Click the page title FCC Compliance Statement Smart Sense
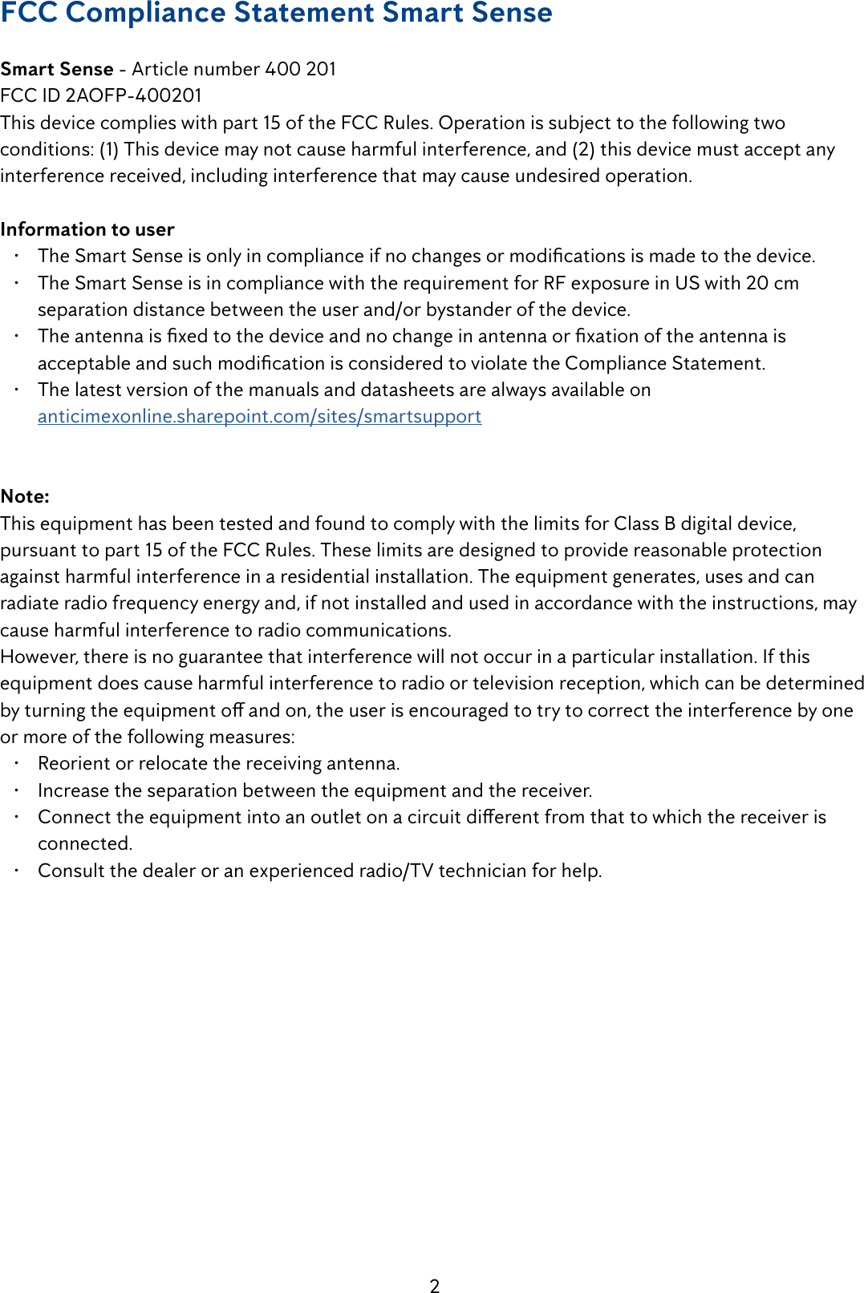click(x=276, y=13)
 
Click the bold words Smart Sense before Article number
click(x=57, y=69)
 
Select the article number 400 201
click(x=300, y=69)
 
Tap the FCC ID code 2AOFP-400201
click(x=133, y=95)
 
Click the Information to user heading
click(x=87, y=229)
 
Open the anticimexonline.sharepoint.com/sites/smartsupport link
click(x=259, y=416)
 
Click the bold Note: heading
click(x=25, y=496)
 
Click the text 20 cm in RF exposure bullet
click(x=772, y=283)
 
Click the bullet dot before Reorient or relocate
click(x=16, y=762)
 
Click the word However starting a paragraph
click(x=38, y=657)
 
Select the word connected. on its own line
click(x=85, y=843)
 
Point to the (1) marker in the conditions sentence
click(x=109, y=149)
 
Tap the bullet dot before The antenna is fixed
click(x=16, y=335)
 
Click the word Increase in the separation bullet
click(x=73, y=790)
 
